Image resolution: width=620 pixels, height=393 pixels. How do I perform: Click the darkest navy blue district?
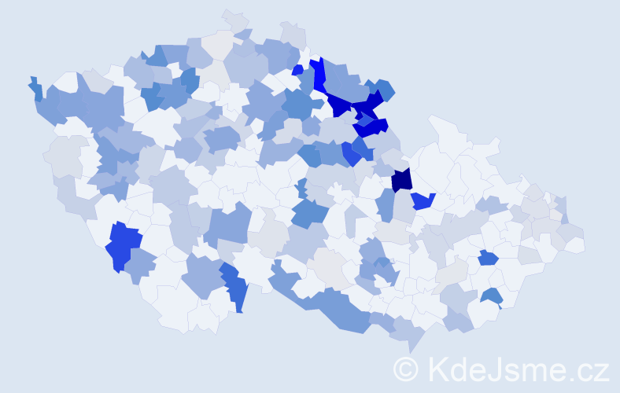coord(401,179)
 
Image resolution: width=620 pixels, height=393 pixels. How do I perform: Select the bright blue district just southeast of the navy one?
coord(423,201)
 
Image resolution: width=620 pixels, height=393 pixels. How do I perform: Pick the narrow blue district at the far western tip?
coord(35,88)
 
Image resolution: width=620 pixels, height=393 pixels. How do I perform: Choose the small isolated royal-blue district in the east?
coord(488,257)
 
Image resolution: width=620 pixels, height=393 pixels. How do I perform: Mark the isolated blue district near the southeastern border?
coord(492,296)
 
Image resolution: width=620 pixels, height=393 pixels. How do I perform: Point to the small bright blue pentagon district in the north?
coord(297,70)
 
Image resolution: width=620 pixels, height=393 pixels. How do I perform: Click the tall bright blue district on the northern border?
coord(319,75)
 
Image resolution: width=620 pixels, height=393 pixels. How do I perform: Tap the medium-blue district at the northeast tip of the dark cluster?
coord(385,89)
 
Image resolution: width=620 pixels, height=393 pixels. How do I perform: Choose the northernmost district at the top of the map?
coord(234,16)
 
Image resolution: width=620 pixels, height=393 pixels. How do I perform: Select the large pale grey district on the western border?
coord(65,157)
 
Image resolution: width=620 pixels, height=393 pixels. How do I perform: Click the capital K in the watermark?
coord(437,369)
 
